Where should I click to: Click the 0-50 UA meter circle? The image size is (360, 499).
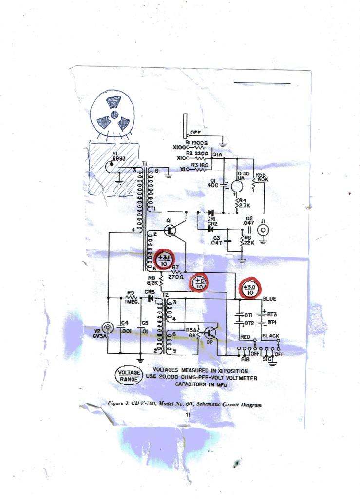pyautogui.click(x=237, y=185)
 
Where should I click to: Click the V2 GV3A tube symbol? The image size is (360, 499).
pyautogui.click(x=107, y=328)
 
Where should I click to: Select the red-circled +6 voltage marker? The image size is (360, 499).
pyautogui.click(x=199, y=283)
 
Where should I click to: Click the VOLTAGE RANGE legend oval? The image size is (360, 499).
pyautogui.click(x=128, y=376)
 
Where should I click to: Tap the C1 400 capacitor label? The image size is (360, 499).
pyautogui.click(x=213, y=183)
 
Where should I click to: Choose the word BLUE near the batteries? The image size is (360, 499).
pyautogui.click(x=269, y=298)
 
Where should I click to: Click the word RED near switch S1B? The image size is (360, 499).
pyautogui.click(x=246, y=337)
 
